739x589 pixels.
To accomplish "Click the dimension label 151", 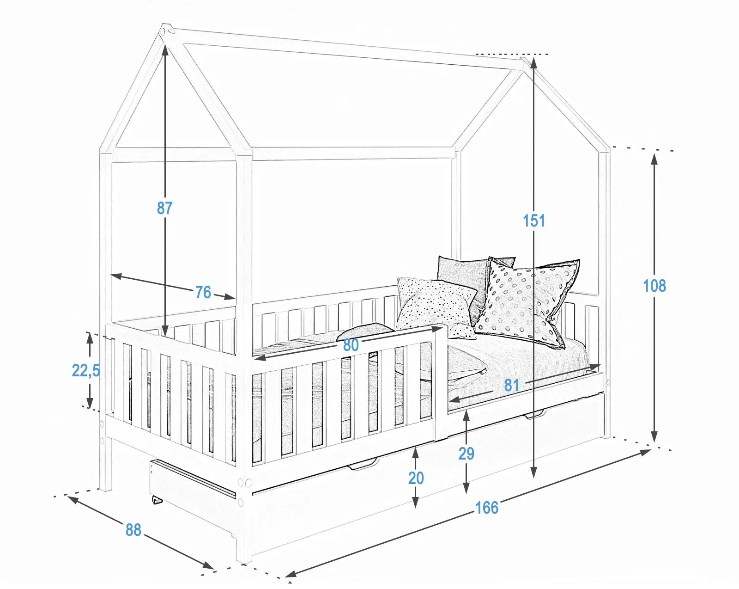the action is click(534, 221).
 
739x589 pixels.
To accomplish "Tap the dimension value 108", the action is click(654, 286).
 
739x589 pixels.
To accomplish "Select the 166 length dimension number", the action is click(487, 508).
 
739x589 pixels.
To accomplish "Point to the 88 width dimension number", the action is click(133, 530).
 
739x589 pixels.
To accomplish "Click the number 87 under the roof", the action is click(164, 208).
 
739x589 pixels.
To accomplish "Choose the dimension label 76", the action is click(203, 292).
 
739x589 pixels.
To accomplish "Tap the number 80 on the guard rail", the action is click(351, 345).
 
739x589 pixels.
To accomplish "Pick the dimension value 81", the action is click(511, 385).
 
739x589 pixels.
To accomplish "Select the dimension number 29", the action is click(466, 454).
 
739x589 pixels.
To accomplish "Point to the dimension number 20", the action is click(416, 479).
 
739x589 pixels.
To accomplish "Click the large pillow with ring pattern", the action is click(527, 302).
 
